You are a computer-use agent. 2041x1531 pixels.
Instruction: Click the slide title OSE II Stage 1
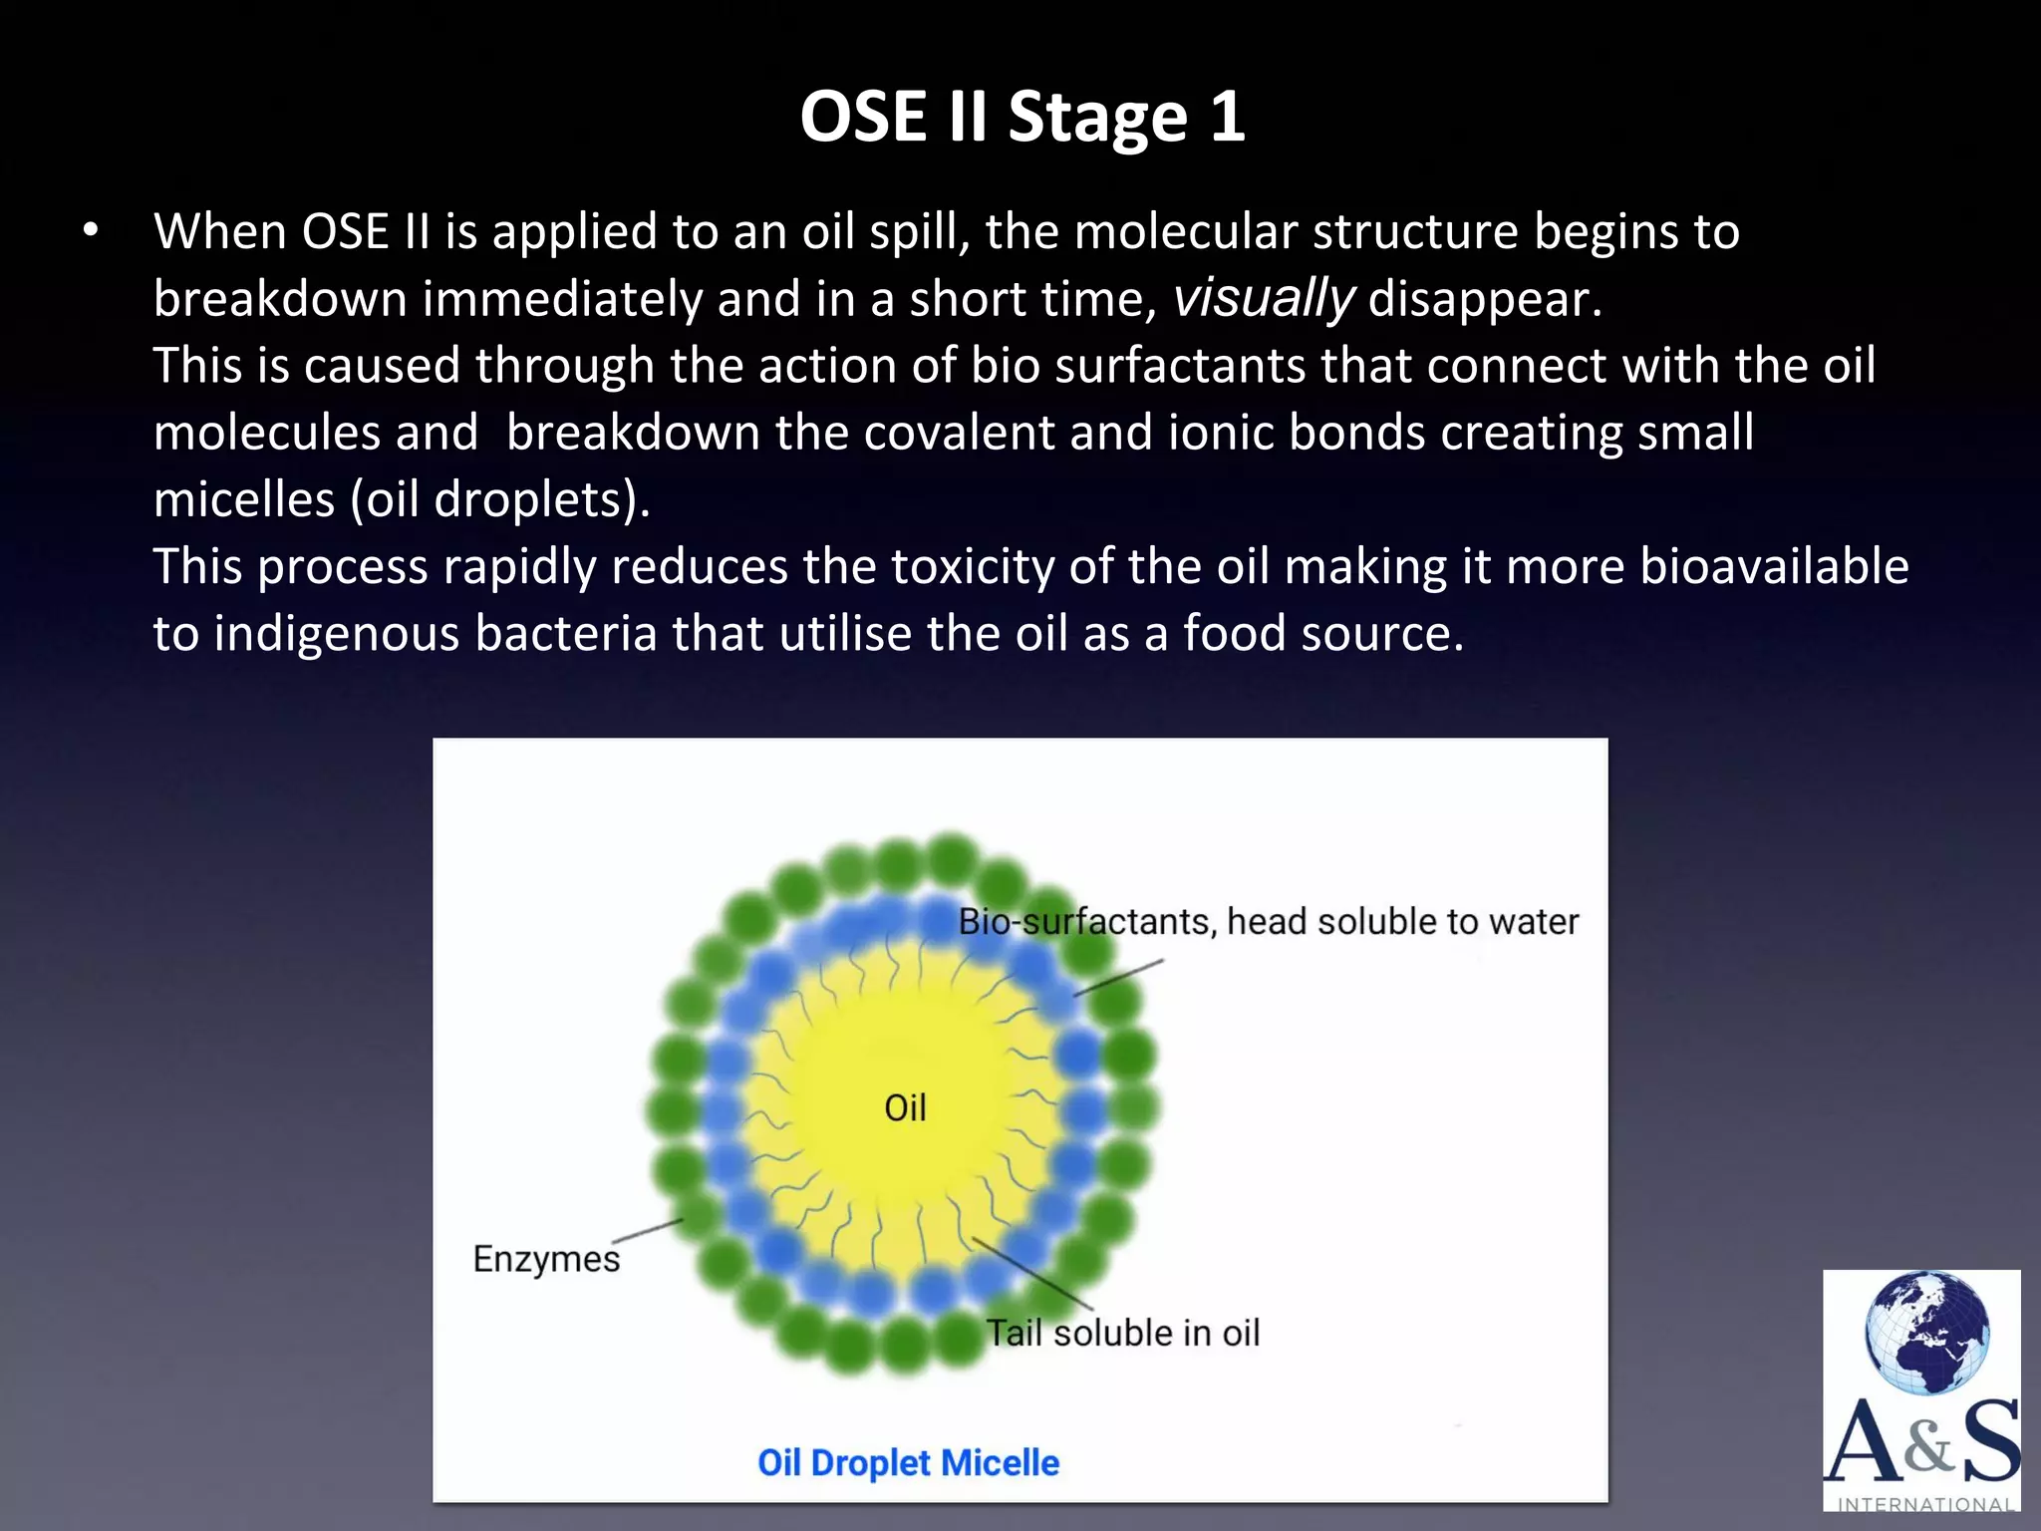pyautogui.click(x=1021, y=117)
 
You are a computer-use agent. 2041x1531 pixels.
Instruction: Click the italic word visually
pyautogui.click(x=1262, y=298)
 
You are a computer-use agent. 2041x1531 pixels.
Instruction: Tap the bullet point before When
pyautogui.click(x=92, y=231)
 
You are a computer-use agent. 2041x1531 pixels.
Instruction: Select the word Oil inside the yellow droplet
pyautogui.click(x=905, y=1107)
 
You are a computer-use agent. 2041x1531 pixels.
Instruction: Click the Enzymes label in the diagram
pyautogui.click(x=546, y=1259)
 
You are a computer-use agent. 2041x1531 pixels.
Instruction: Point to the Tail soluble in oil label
pyautogui.click(x=1122, y=1333)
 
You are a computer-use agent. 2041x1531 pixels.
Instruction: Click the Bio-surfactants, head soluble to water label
pyautogui.click(x=1268, y=921)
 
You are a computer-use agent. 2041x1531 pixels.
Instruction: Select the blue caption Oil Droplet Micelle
pyautogui.click(x=908, y=1462)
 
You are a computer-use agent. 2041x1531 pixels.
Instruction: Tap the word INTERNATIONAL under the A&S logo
pyautogui.click(x=1924, y=1504)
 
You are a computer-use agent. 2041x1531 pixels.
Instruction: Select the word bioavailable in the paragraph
pyautogui.click(x=1773, y=566)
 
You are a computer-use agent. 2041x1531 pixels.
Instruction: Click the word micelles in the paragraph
pyautogui.click(x=243, y=499)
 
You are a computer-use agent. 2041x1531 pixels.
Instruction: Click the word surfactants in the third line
pyautogui.click(x=1180, y=365)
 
